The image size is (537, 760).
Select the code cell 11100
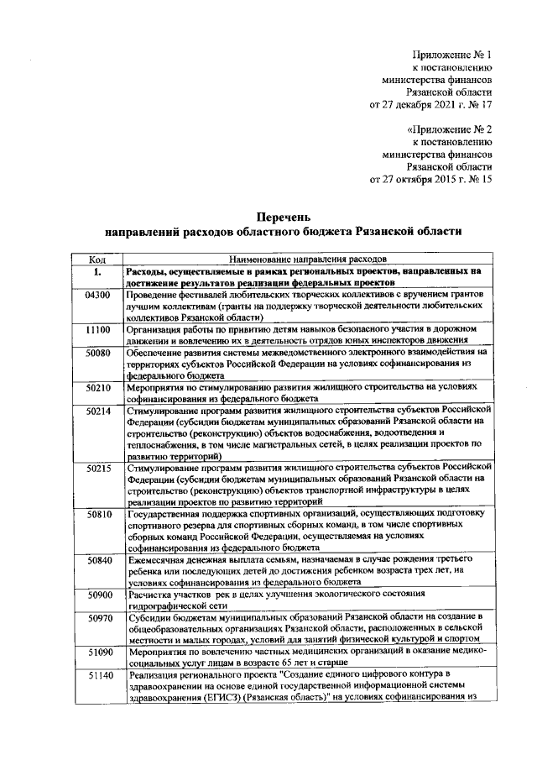(98, 330)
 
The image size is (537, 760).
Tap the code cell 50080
(98, 354)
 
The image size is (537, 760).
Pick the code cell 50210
(98, 388)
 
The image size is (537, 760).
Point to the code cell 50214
(98, 411)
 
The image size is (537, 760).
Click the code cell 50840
(98, 559)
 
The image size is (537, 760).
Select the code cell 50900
(98, 594)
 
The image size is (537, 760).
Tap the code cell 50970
(98, 617)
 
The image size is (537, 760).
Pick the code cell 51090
(98, 652)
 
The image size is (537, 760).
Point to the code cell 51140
(98, 675)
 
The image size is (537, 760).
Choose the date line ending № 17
(431, 106)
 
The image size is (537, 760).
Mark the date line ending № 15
(431, 180)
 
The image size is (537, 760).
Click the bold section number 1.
(97, 272)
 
